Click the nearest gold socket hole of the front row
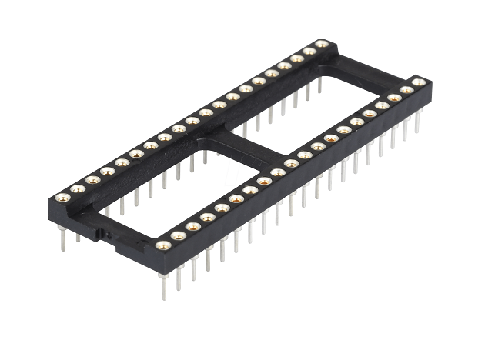(163, 245)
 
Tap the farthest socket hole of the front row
(419, 82)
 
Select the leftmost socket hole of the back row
(64, 197)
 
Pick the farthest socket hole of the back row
(322, 45)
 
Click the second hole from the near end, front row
(179, 235)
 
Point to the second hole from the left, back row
(78, 188)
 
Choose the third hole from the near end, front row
(193, 226)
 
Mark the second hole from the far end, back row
(309, 52)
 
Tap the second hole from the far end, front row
(406, 90)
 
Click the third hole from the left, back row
(92, 180)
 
